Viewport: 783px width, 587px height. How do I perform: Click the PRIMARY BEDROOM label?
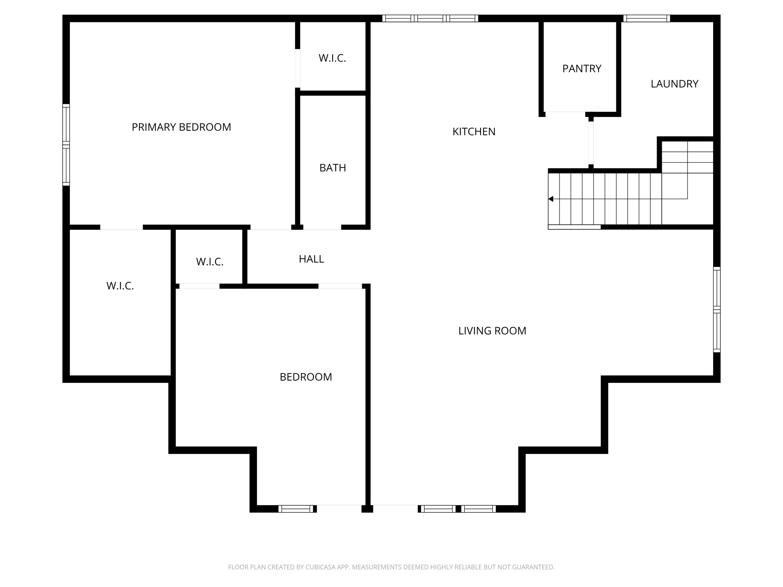click(x=181, y=127)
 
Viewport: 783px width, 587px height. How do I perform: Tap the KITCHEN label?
click(x=474, y=132)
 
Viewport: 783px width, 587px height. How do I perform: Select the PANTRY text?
click(x=582, y=69)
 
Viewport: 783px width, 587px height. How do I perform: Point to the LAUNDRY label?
click(x=674, y=84)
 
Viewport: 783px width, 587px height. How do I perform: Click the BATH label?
click(x=333, y=168)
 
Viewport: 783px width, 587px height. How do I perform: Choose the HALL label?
click(x=311, y=259)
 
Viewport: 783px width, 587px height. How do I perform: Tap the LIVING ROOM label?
click(x=492, y=331)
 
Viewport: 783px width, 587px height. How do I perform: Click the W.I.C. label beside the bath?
click(x=332, y=58)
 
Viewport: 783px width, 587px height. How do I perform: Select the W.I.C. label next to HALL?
click(x=210, y=262)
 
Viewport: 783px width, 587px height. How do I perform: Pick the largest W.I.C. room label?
click(x=120, y=286)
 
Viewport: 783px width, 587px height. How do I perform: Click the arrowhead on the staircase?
click(x=551, y=199)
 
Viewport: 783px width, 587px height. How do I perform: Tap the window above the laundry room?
click(x=647, y=18)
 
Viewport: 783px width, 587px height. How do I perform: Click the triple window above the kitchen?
click(x=430, y=18)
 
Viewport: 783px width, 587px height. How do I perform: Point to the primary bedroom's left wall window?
click(x=66, y=145)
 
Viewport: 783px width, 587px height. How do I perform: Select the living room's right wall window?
click(x=717, y=309)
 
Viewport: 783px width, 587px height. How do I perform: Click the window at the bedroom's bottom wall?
click(x=296, y=509)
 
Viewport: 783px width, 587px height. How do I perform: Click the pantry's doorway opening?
click(x=565, y=112)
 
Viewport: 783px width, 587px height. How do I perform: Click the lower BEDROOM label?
click(x=306, y=377)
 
